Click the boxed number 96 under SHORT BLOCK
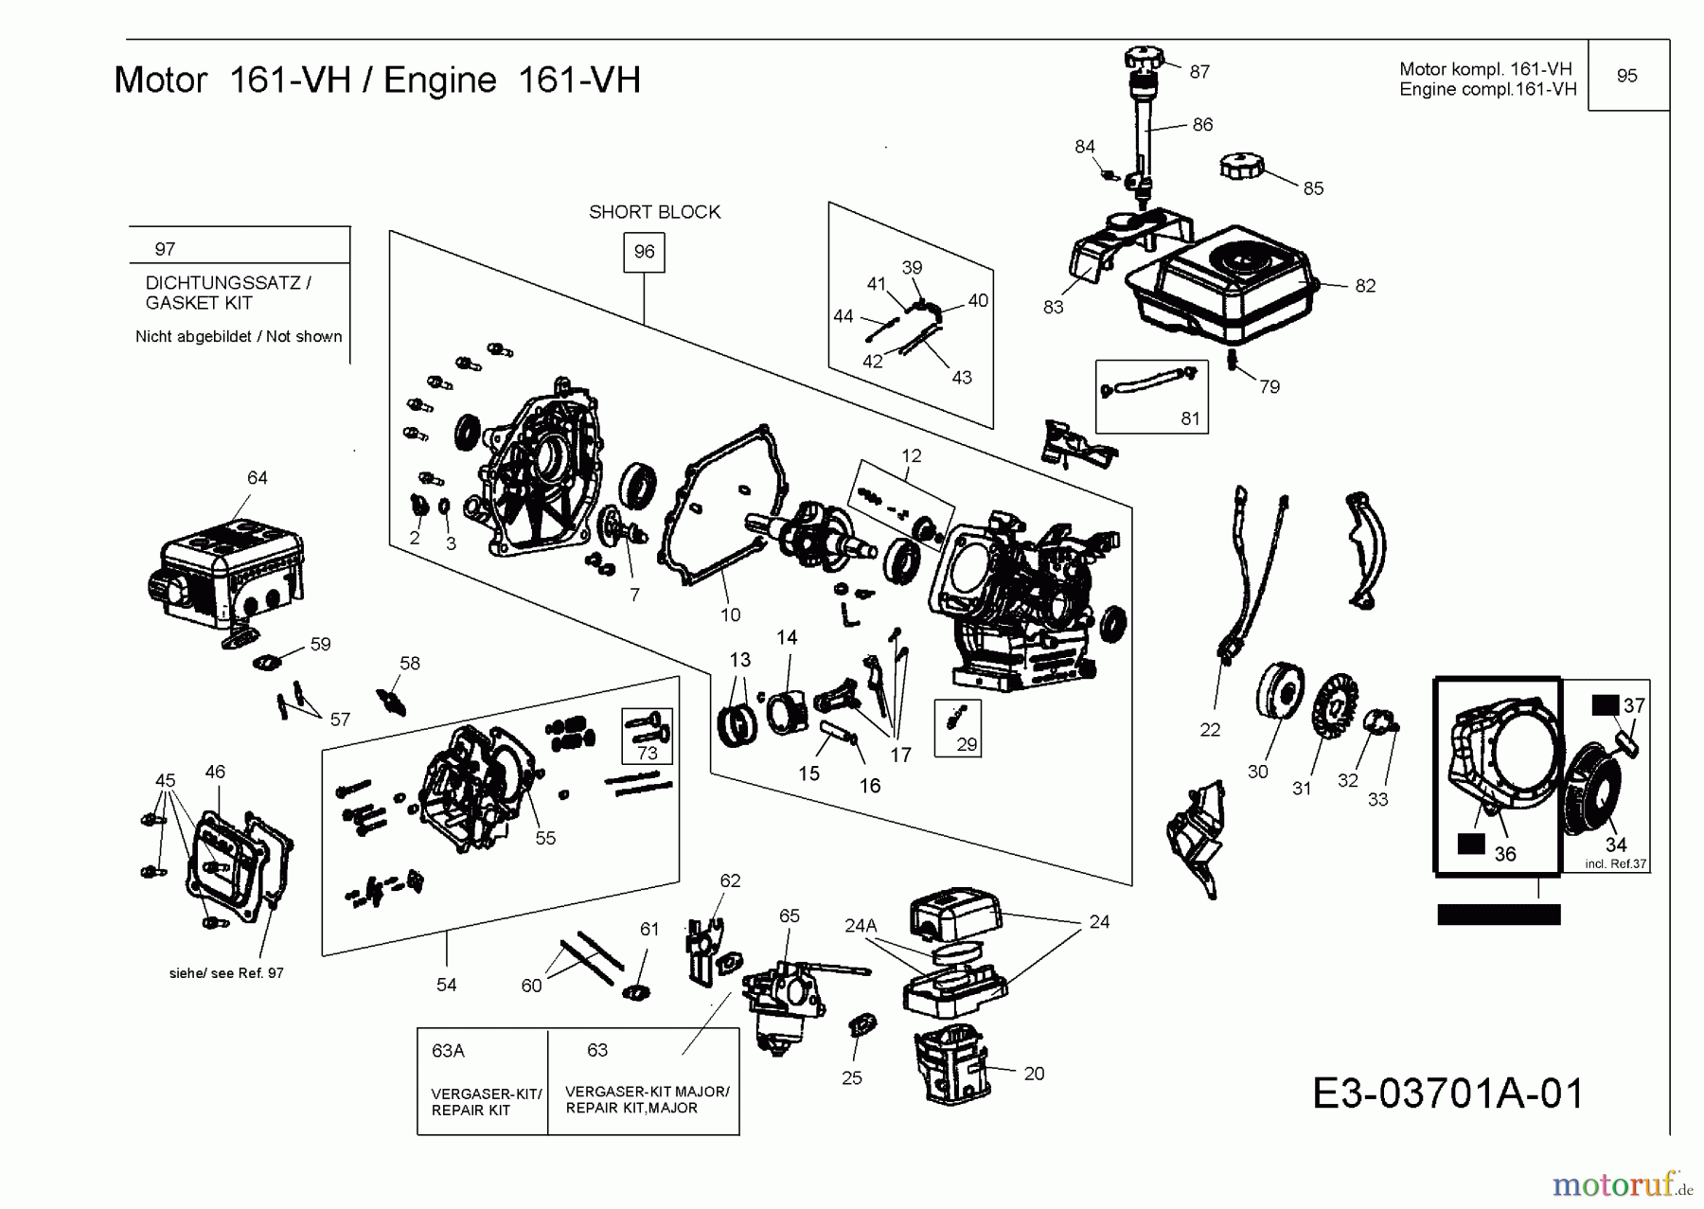[x=644, y=252]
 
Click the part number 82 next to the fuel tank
[x=1364, y=286]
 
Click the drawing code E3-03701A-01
[x=1447, y=1093]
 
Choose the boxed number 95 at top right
[x=1626, y=76]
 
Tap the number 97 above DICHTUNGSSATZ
[x=165, y=249]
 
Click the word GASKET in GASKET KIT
[x=171, y=303]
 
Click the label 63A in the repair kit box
[x=448, y=1051]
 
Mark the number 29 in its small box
[x=966, y=744]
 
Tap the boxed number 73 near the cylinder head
[x=647, y=753]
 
